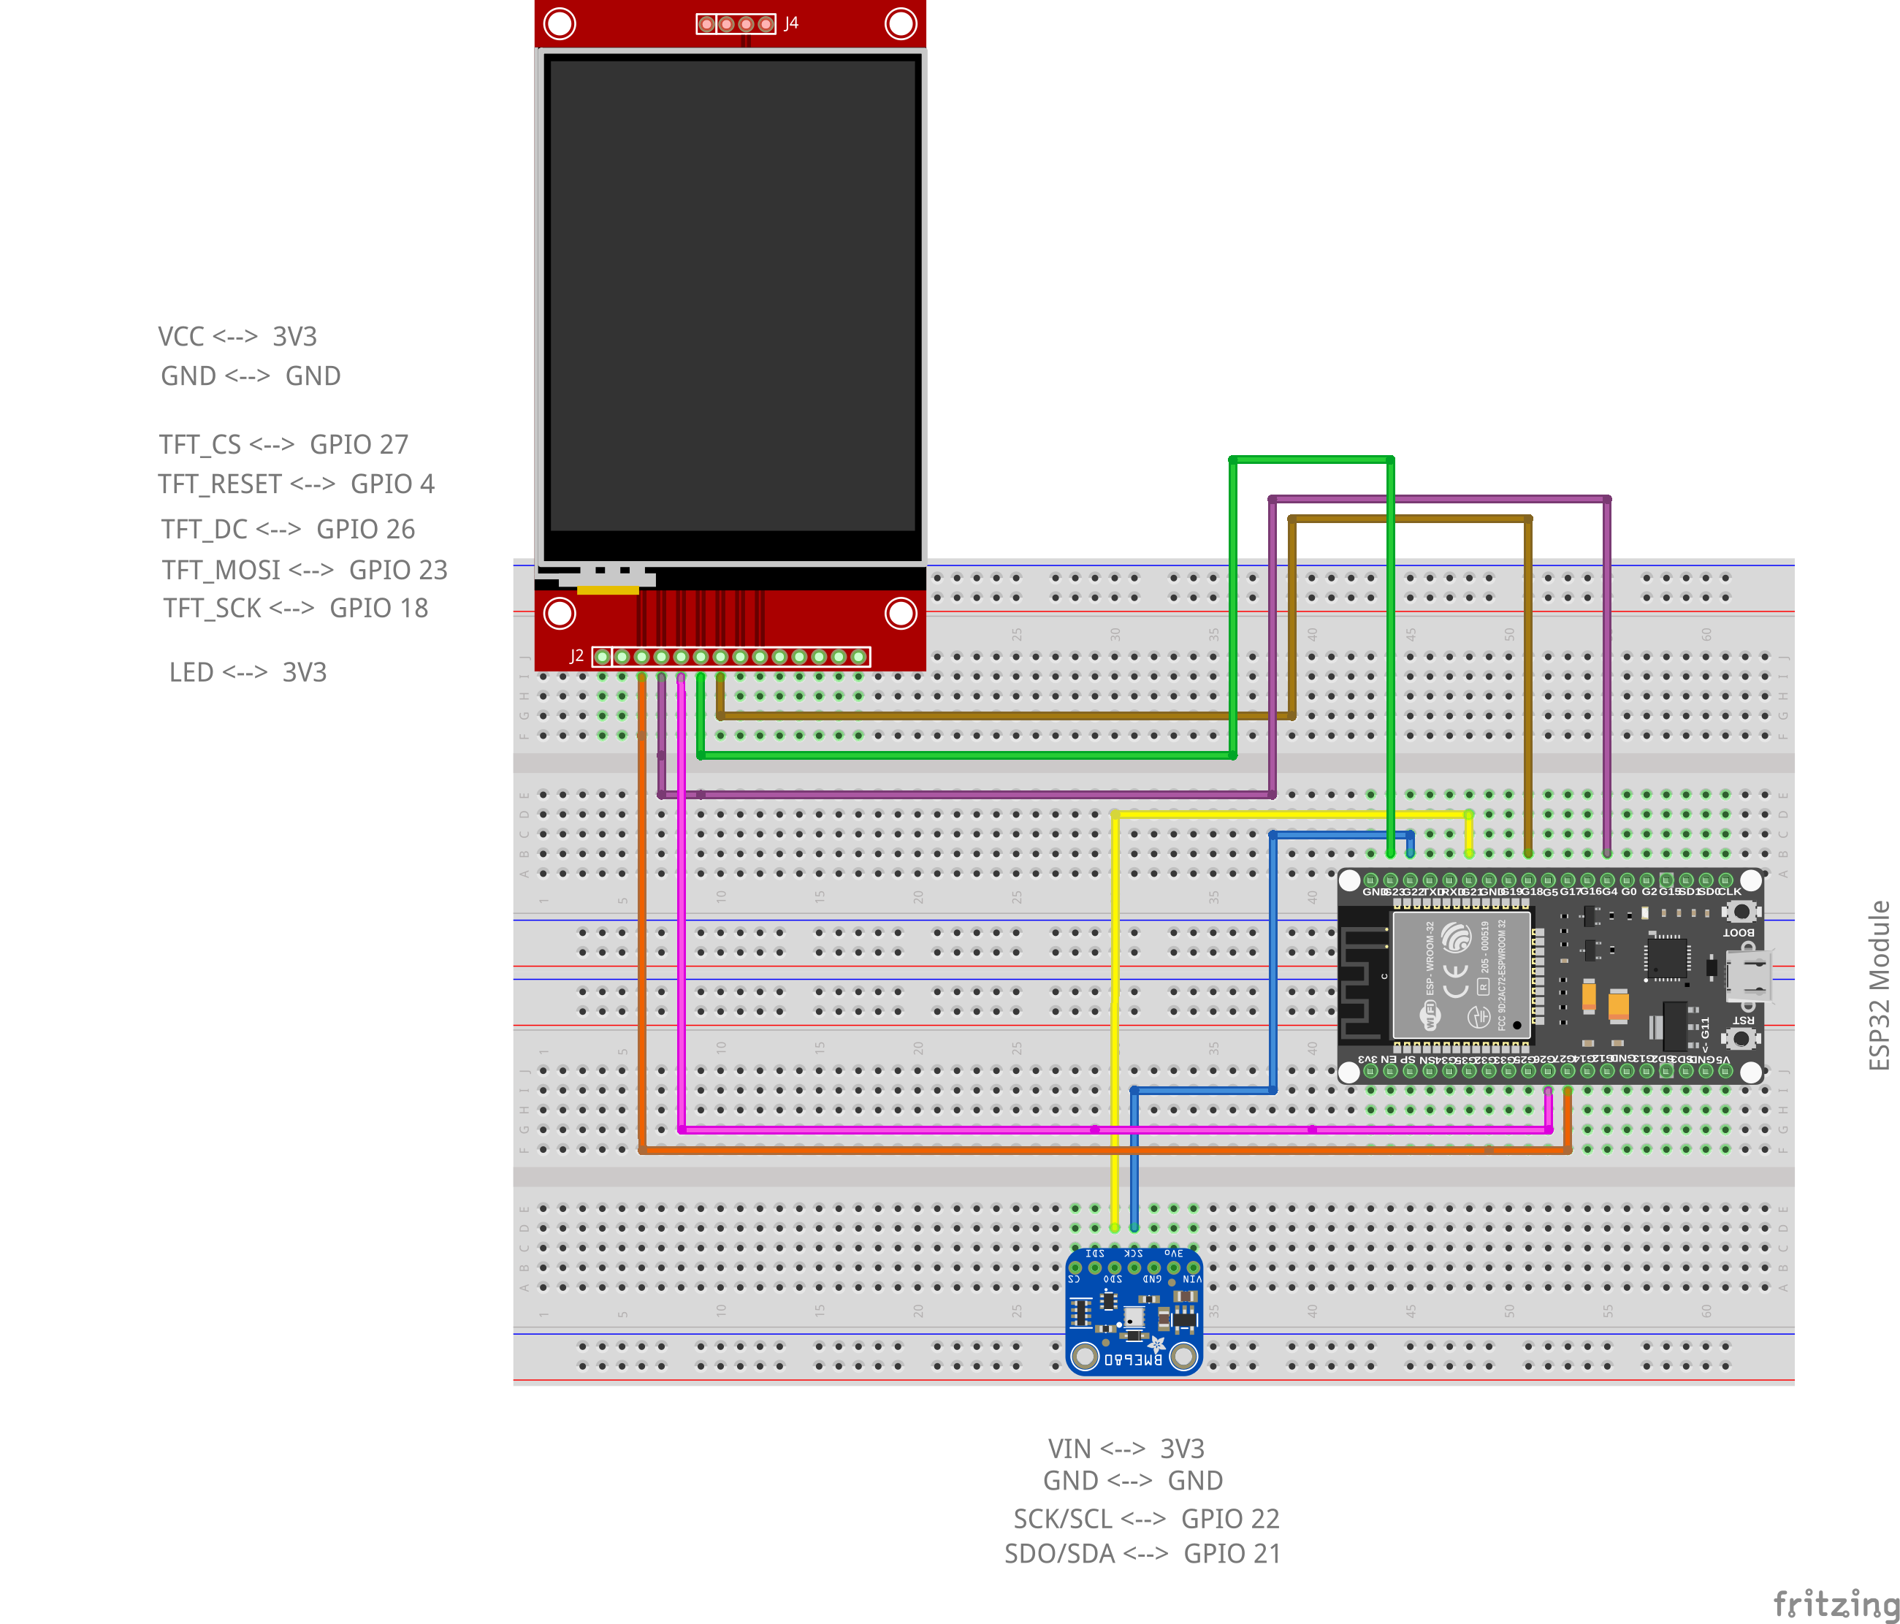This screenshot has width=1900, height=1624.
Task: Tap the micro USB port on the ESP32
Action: pyautogui.click(x=1748, y=976)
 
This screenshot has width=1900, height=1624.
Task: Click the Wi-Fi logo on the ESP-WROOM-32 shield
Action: pyautogui.click(x=1429, y=1015)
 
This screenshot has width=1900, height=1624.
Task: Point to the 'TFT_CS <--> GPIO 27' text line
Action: pyautogui.click(x=283, y=445)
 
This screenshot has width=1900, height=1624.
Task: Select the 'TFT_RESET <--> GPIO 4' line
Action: pyautogui.click(x=296, y=484)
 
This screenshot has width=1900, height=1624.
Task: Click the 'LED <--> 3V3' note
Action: pyautogui.click(x=248, y=672)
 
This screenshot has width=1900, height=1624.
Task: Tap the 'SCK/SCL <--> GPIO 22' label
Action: pyautogui.click(x=1145, y=1519)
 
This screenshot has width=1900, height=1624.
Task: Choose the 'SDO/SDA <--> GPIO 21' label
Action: pyautogui.click(x=1142, y=1553)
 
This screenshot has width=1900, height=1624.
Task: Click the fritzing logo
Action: pyautogui.click(x=1835, y=1604)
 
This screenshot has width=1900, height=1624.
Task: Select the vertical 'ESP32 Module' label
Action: pyautogui.click(x=1879, y=985)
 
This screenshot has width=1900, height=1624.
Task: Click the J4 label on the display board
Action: pyautogui.click(x=791, y=23)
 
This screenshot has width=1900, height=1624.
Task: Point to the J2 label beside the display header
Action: pyautogui.click(x=576, y=655)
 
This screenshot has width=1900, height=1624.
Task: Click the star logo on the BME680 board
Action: pyautogui.click(x=1156, y=1345)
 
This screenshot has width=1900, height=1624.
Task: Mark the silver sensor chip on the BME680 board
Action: pyautogui.click(x=1134, y=1318)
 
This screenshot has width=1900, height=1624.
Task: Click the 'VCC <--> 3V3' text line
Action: pyautogui.click(x=237, y=337)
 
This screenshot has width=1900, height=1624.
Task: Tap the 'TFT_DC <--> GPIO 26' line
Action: pyautogui.click(x=288, y=529)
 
